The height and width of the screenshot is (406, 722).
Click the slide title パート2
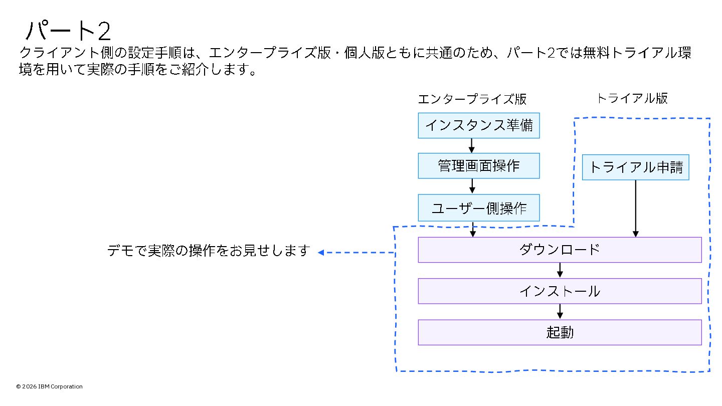tap(68, 31)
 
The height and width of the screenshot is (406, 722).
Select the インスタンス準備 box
tap(479, 125)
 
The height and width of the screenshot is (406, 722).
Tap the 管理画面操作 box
tap(479, 166)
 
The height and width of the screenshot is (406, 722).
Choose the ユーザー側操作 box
tap(479, 208)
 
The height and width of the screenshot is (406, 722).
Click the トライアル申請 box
tap(635, 167)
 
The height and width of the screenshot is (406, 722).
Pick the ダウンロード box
tap(560, 250)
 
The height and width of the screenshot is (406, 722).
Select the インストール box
tap(560, 291)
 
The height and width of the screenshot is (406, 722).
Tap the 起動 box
tap(560, 332)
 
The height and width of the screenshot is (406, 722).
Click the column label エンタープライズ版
tap(472, 99)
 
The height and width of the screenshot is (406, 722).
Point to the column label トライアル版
tap(632, 98)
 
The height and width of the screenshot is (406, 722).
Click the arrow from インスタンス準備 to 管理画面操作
tap(472, 145)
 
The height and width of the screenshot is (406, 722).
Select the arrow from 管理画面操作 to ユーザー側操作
tap(472, 186)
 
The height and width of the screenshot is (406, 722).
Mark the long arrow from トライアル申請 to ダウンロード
tap(636, 208)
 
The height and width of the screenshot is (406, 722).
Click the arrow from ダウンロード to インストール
tap(560, 270)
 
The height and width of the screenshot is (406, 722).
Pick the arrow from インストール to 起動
tap(560, 311)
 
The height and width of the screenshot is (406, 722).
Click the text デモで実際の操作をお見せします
tap(209, 251)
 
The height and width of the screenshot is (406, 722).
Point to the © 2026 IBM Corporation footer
tap(49, 386)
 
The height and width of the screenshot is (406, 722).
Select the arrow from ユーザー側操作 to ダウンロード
tap(472, 229)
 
